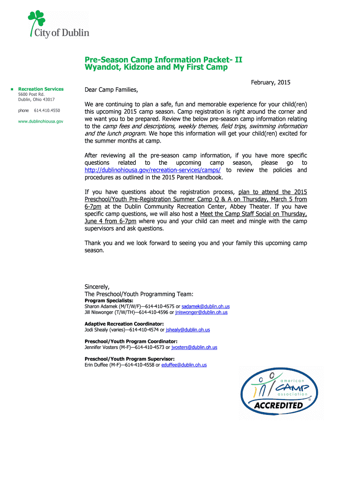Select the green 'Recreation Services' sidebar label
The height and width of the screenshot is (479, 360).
click(x=41, y=89)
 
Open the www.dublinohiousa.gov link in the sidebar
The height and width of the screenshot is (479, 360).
click(x=41, y=121)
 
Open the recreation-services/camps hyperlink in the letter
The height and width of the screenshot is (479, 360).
click(x=152, y=170)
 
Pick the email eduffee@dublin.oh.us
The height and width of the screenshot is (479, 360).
click(x=184, y=365)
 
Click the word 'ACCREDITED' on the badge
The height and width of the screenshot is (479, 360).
click(x=279, y=405)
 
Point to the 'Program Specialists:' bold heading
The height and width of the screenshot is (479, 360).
click(x=108, y=300)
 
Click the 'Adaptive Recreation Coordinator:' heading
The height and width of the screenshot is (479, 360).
click(x=124, y=324)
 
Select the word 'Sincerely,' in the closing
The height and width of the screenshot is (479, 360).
click(x=97, y=286)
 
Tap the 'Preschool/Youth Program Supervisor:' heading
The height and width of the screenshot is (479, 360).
click(x=130, y=359)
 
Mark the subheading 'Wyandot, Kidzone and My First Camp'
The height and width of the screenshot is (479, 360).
click(x=156, y=67)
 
